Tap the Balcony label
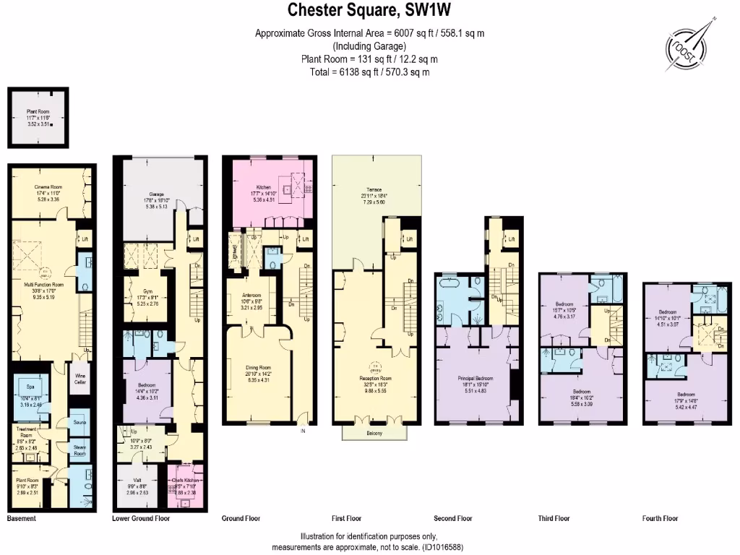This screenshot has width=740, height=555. (374, 434)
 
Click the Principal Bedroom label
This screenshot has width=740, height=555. (475, 379)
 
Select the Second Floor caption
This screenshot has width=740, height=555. (453, 518)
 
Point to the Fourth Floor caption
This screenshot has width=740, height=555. (661, 518)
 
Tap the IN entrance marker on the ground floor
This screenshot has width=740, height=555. (304, 431)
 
